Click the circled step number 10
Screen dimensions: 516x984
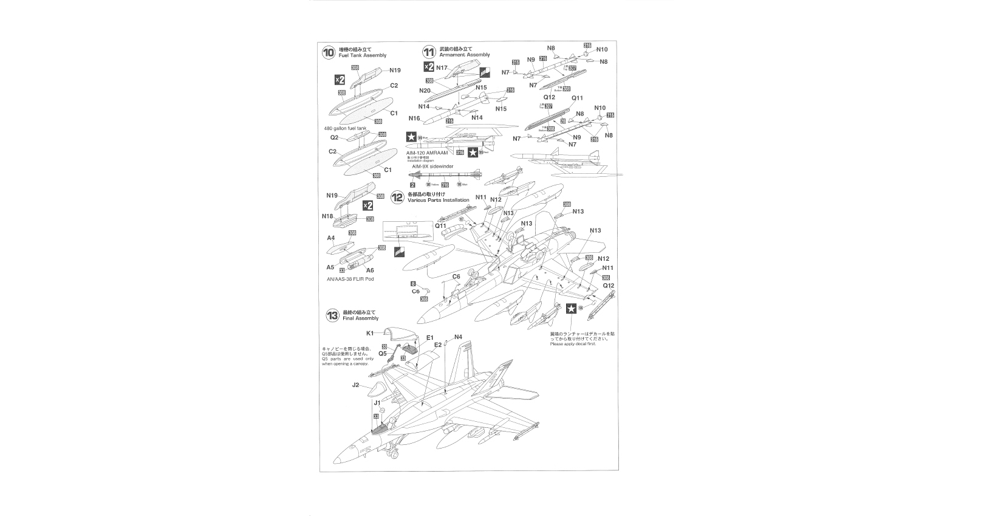pos(329,53)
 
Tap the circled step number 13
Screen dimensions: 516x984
pos(332,315)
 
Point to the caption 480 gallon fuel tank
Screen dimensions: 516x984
pos(346,129)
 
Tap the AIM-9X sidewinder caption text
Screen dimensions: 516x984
pos(433,166)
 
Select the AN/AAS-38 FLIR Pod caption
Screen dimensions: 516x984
pos(350,279)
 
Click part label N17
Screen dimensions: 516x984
pos(442,67)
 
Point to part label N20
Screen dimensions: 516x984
pos(425,91)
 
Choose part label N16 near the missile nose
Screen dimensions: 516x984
pos(414,118)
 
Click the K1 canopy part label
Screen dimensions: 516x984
pos(370,333)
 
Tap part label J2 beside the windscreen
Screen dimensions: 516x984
pos(356,385)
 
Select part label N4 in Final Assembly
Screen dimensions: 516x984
pos(458,337)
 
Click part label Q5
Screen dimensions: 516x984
pos(383,353)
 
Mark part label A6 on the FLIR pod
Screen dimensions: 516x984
pos(370,270)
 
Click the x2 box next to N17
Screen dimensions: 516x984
pos(429,67)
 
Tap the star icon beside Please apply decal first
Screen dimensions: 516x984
pos(571,309)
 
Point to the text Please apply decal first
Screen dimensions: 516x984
pos(573,344)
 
